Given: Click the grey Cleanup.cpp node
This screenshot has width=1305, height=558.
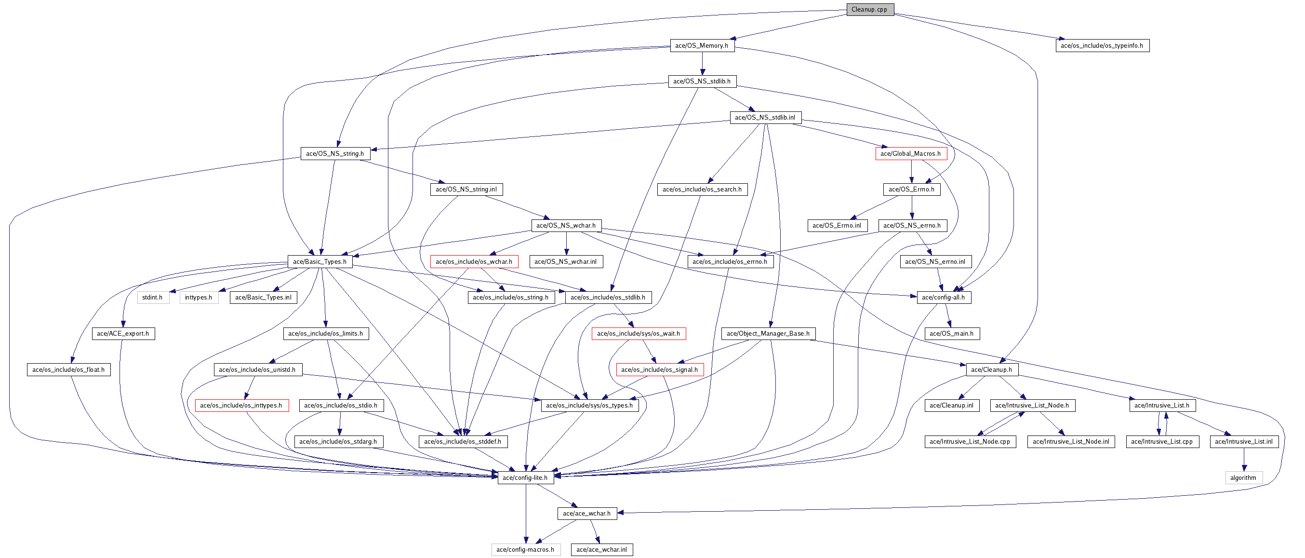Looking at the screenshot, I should click(869, 9).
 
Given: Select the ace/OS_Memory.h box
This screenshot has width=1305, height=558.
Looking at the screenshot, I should click(702, 46).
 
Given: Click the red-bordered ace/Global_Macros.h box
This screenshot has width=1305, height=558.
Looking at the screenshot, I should click(910, 153).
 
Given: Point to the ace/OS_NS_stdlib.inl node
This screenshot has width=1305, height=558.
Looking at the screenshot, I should click(765, 118).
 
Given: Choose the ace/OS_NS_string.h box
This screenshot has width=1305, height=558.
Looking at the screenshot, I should click(335, 153).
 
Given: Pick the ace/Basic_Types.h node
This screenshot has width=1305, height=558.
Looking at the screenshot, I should click(320, 261).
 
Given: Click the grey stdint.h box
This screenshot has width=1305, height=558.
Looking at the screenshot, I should click(152, 298).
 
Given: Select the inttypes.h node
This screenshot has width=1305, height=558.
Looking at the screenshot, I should click(199, 298).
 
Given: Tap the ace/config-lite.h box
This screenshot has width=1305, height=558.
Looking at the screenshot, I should click(525, 477).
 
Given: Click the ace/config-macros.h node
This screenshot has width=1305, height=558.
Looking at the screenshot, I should click(525, 549).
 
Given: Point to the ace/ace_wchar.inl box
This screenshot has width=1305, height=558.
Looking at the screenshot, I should click(601, 549).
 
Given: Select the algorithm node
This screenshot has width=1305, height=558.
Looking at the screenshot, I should click(1243, 477).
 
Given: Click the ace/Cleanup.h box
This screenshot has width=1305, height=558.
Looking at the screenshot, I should click(991, 369).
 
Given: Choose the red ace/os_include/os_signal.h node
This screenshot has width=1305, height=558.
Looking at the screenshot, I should click(660, 369).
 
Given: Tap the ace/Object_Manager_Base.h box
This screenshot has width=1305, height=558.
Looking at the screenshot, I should click(768, 333).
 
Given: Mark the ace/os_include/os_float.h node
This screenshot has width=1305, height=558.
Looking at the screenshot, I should click(68, 369).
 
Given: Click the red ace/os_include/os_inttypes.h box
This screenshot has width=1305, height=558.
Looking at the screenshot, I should click(241, 406).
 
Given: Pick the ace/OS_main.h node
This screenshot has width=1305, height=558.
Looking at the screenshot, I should click(951, 333).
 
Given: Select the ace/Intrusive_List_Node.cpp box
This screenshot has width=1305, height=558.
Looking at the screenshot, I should click(970, 441).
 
